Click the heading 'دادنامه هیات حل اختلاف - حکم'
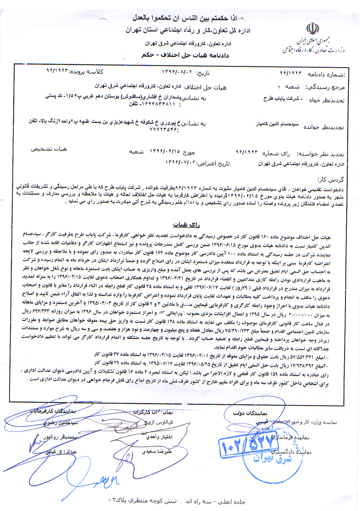pos(185,55)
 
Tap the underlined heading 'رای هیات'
pos(186,225)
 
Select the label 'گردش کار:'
pos(330,180)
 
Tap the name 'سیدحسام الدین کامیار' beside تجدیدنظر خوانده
pos(277,124)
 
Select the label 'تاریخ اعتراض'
pos(214,163)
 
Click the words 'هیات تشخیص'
pos(49,149)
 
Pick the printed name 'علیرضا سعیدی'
pos(157,451)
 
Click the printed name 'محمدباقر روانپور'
pos(60,437)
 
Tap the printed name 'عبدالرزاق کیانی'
pos(61,452)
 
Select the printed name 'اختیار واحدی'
pos(159,437)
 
